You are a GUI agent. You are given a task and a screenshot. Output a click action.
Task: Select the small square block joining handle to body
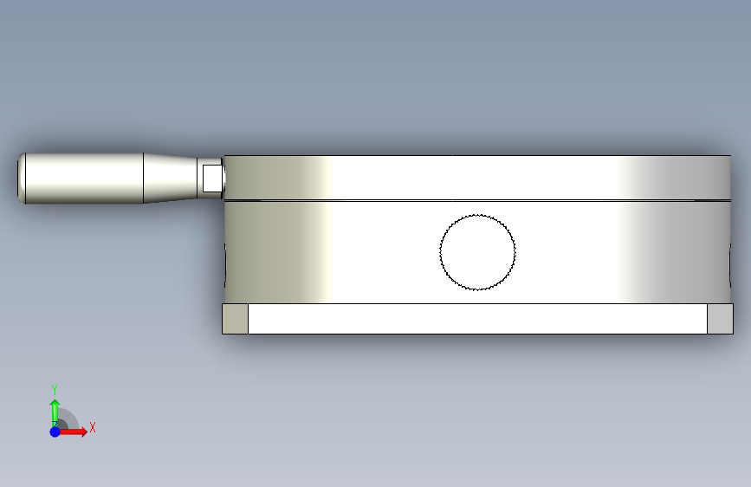pos(212,179)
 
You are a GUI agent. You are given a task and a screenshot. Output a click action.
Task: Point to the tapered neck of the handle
pos(170,179)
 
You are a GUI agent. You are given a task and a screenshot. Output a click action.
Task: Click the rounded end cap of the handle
pos(22,179)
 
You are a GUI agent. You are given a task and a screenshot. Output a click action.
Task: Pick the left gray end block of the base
pos(235,319)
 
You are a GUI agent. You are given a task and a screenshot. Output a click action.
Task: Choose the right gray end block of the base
pos(721,319)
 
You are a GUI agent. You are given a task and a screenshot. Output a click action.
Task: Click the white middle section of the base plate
pos(477,319)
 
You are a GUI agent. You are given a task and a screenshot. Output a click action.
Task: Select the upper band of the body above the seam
pos(477,177)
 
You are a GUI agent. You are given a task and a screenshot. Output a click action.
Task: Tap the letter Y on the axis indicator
pos(55,389)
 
